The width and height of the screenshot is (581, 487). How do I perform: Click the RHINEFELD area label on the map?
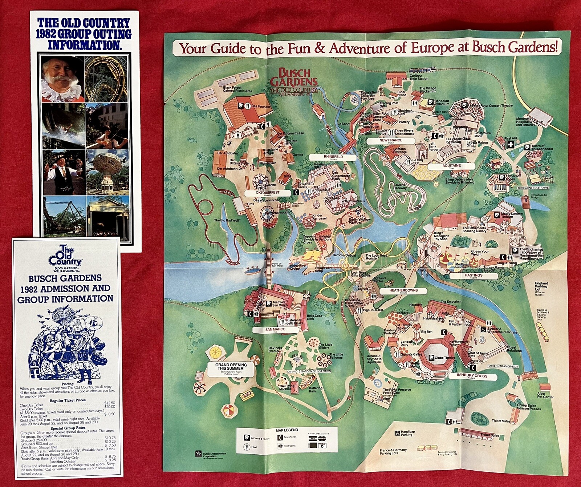pyautogui.click(x=333, y=157)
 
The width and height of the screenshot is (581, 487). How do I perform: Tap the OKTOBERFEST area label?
pyautogui.click(x=268, y=193)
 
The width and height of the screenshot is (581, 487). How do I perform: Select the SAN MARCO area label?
pyautogui.click(x=275, y=330)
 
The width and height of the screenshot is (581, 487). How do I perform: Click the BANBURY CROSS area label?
pyautogui.click(x=472, y=376)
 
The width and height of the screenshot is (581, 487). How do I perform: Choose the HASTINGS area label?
pyautogui.click(x=473, y=275)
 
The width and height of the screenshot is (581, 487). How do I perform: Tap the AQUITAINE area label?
pyautogui.click(x=451, y=166)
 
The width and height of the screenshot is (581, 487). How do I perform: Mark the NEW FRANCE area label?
pyautogui.click(x=391, y=140)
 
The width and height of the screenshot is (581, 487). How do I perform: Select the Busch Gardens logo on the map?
pyautogui.click(x=294, y=82)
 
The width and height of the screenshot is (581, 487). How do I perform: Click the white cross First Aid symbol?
pyautogui.click(x=511, y=145)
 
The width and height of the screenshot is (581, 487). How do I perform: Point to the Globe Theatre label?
pyautogui.click(x=444, y=358)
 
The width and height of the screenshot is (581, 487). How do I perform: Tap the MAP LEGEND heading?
pyautogui.click(x=287, y=430)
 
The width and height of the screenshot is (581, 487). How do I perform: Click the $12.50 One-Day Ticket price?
pyautogui.click(x=109, y=403)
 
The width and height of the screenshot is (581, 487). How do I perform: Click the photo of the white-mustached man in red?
pyautogui.click(x=62, y=79)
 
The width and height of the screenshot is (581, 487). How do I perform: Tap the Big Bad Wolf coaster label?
pyautogui.click(x=227, y=220)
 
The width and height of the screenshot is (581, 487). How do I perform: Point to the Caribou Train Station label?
pyautogui.click(x=419, y=77)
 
